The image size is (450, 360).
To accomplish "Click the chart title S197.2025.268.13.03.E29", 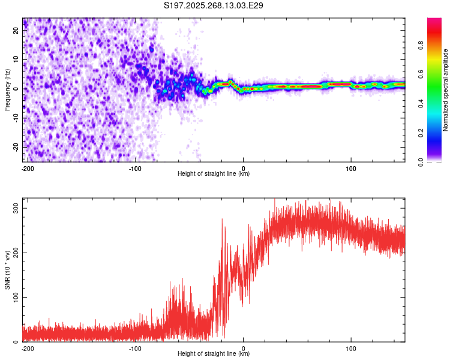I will click(x=214, y=6).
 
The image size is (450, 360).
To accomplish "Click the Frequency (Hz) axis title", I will click(x=7, y=90).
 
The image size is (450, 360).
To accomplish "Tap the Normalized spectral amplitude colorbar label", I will click(x=446, y=90).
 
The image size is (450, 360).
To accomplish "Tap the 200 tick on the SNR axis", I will click(x=14, y=253).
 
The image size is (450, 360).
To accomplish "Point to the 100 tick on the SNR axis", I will click(x=14, y=297).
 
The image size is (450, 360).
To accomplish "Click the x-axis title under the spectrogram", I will click(x=214, y=174).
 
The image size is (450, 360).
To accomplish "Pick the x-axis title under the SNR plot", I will click(x=214, y=354).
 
